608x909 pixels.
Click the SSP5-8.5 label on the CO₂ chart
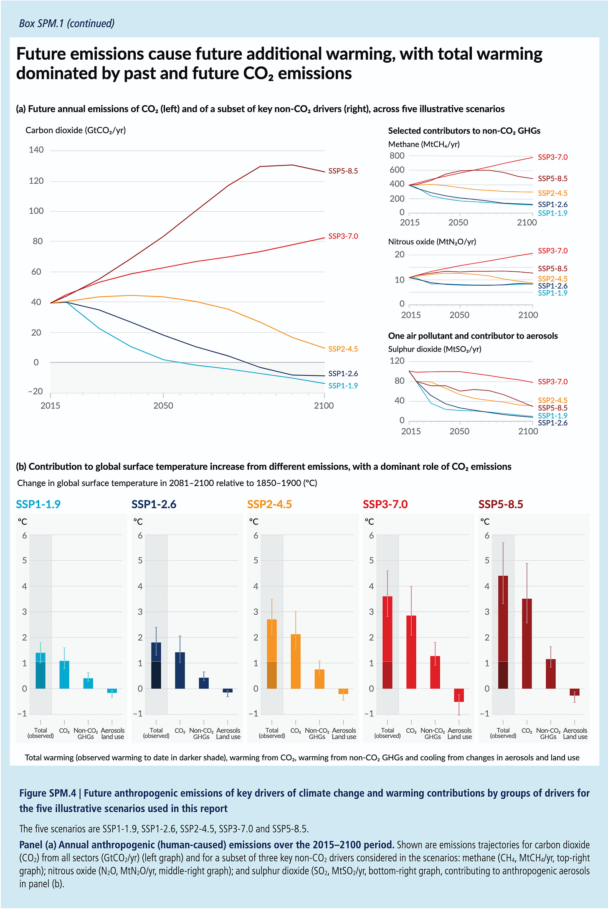tap(343, 171)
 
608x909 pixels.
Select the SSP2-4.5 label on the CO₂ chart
tap(343, 349)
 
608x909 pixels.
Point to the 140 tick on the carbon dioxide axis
tap(36, 150)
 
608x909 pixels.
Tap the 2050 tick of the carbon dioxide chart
tap(163, 405)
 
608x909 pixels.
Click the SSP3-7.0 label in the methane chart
tap(552, 157)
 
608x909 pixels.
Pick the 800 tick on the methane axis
tap(397, 156)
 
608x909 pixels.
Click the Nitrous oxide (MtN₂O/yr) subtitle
tap(432, 241)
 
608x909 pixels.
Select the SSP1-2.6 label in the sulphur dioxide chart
tap(552, 423)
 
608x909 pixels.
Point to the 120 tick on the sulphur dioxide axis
tap(397, 361)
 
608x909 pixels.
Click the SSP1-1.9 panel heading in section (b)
tap(38, 504)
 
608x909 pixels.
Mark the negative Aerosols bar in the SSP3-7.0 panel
tap(459, 695)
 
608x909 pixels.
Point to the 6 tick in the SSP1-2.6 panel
tap(140, 535)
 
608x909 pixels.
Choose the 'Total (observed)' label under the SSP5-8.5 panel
tap(503, 733)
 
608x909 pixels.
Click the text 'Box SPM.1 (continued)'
tap(67, 23)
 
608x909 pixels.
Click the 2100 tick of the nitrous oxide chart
tap(528, 315)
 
